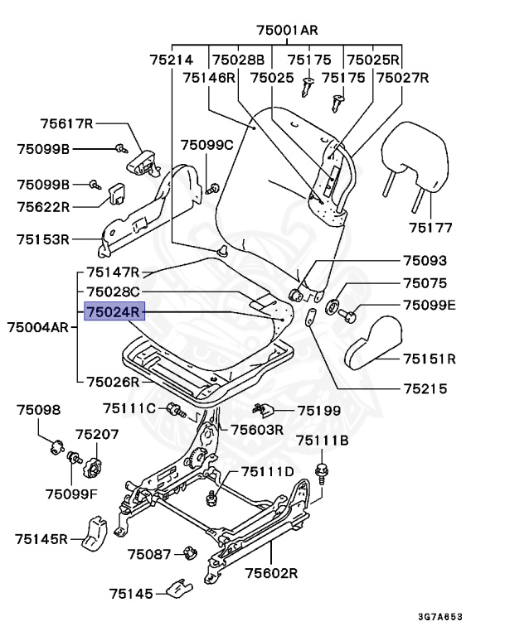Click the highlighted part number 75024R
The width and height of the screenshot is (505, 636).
tap(114, 311)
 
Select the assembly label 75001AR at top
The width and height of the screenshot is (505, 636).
tap(287, 31)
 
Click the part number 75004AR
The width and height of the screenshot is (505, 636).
tap(37, 327)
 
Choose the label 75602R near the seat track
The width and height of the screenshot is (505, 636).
tap(271, 572)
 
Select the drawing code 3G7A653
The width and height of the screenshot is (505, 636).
tap(463, 617)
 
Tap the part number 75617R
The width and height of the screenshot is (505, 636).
tap(67, 124)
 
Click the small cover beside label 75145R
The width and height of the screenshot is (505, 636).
tap(95, 534)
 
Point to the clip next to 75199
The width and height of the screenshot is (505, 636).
tap(264, 409)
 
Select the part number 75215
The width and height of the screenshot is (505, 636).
tap(425, 387)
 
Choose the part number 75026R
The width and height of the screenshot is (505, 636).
tap(114, 382)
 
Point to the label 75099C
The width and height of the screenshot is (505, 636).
tap(208, 145)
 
